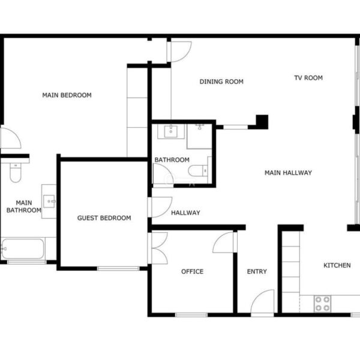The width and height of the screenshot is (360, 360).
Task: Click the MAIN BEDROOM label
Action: coord(67,95)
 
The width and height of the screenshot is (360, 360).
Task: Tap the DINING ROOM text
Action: coord(221,82)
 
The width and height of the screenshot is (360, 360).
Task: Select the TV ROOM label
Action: coord(308,78)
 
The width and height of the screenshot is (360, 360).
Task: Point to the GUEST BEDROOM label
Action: coord(104,218)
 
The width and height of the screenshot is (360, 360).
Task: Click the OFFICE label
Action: coord(192,272)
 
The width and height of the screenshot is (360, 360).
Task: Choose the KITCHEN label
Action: coord(337,265)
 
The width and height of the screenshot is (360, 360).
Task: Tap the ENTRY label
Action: coord(257,272)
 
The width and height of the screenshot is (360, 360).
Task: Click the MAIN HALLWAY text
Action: coord(288,173)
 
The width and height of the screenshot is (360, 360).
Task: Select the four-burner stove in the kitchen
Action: coord(323,304)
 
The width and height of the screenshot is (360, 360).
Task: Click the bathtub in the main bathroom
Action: coord(23,249)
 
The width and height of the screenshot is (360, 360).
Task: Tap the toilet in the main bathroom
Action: coord(16,172)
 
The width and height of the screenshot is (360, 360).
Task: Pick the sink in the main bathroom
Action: coord(49,202)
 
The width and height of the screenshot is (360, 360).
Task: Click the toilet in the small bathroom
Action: coord(198,171)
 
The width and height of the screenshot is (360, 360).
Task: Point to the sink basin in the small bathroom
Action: coord(171,131)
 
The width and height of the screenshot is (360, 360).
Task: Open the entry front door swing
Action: coord(263,302)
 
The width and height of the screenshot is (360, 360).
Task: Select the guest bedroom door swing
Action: coord(161,207)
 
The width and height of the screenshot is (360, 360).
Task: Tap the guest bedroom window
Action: coord(118,268)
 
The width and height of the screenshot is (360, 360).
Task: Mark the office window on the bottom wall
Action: coord(191,315)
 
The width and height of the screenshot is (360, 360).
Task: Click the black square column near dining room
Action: coord(262,122)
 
